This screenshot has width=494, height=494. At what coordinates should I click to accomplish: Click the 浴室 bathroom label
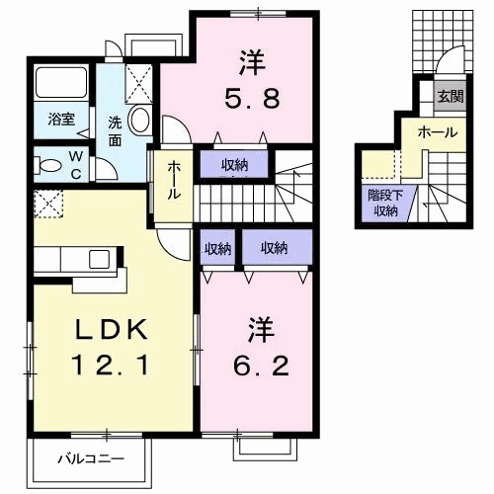61,121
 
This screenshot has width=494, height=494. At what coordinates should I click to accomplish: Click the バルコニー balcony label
90,458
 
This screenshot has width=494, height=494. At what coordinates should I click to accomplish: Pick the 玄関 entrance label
451,96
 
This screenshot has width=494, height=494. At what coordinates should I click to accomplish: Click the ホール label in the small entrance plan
436,130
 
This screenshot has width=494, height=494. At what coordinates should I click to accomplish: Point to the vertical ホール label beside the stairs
173,180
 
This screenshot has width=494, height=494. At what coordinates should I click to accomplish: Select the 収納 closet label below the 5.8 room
234,165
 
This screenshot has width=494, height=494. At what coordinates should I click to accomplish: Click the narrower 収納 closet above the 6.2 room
218,247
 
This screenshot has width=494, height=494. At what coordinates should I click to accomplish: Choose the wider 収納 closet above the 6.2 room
275,247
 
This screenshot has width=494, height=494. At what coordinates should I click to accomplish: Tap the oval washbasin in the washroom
140,122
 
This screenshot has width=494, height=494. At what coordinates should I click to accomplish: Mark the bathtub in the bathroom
61,84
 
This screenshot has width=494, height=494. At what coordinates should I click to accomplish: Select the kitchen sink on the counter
99,259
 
